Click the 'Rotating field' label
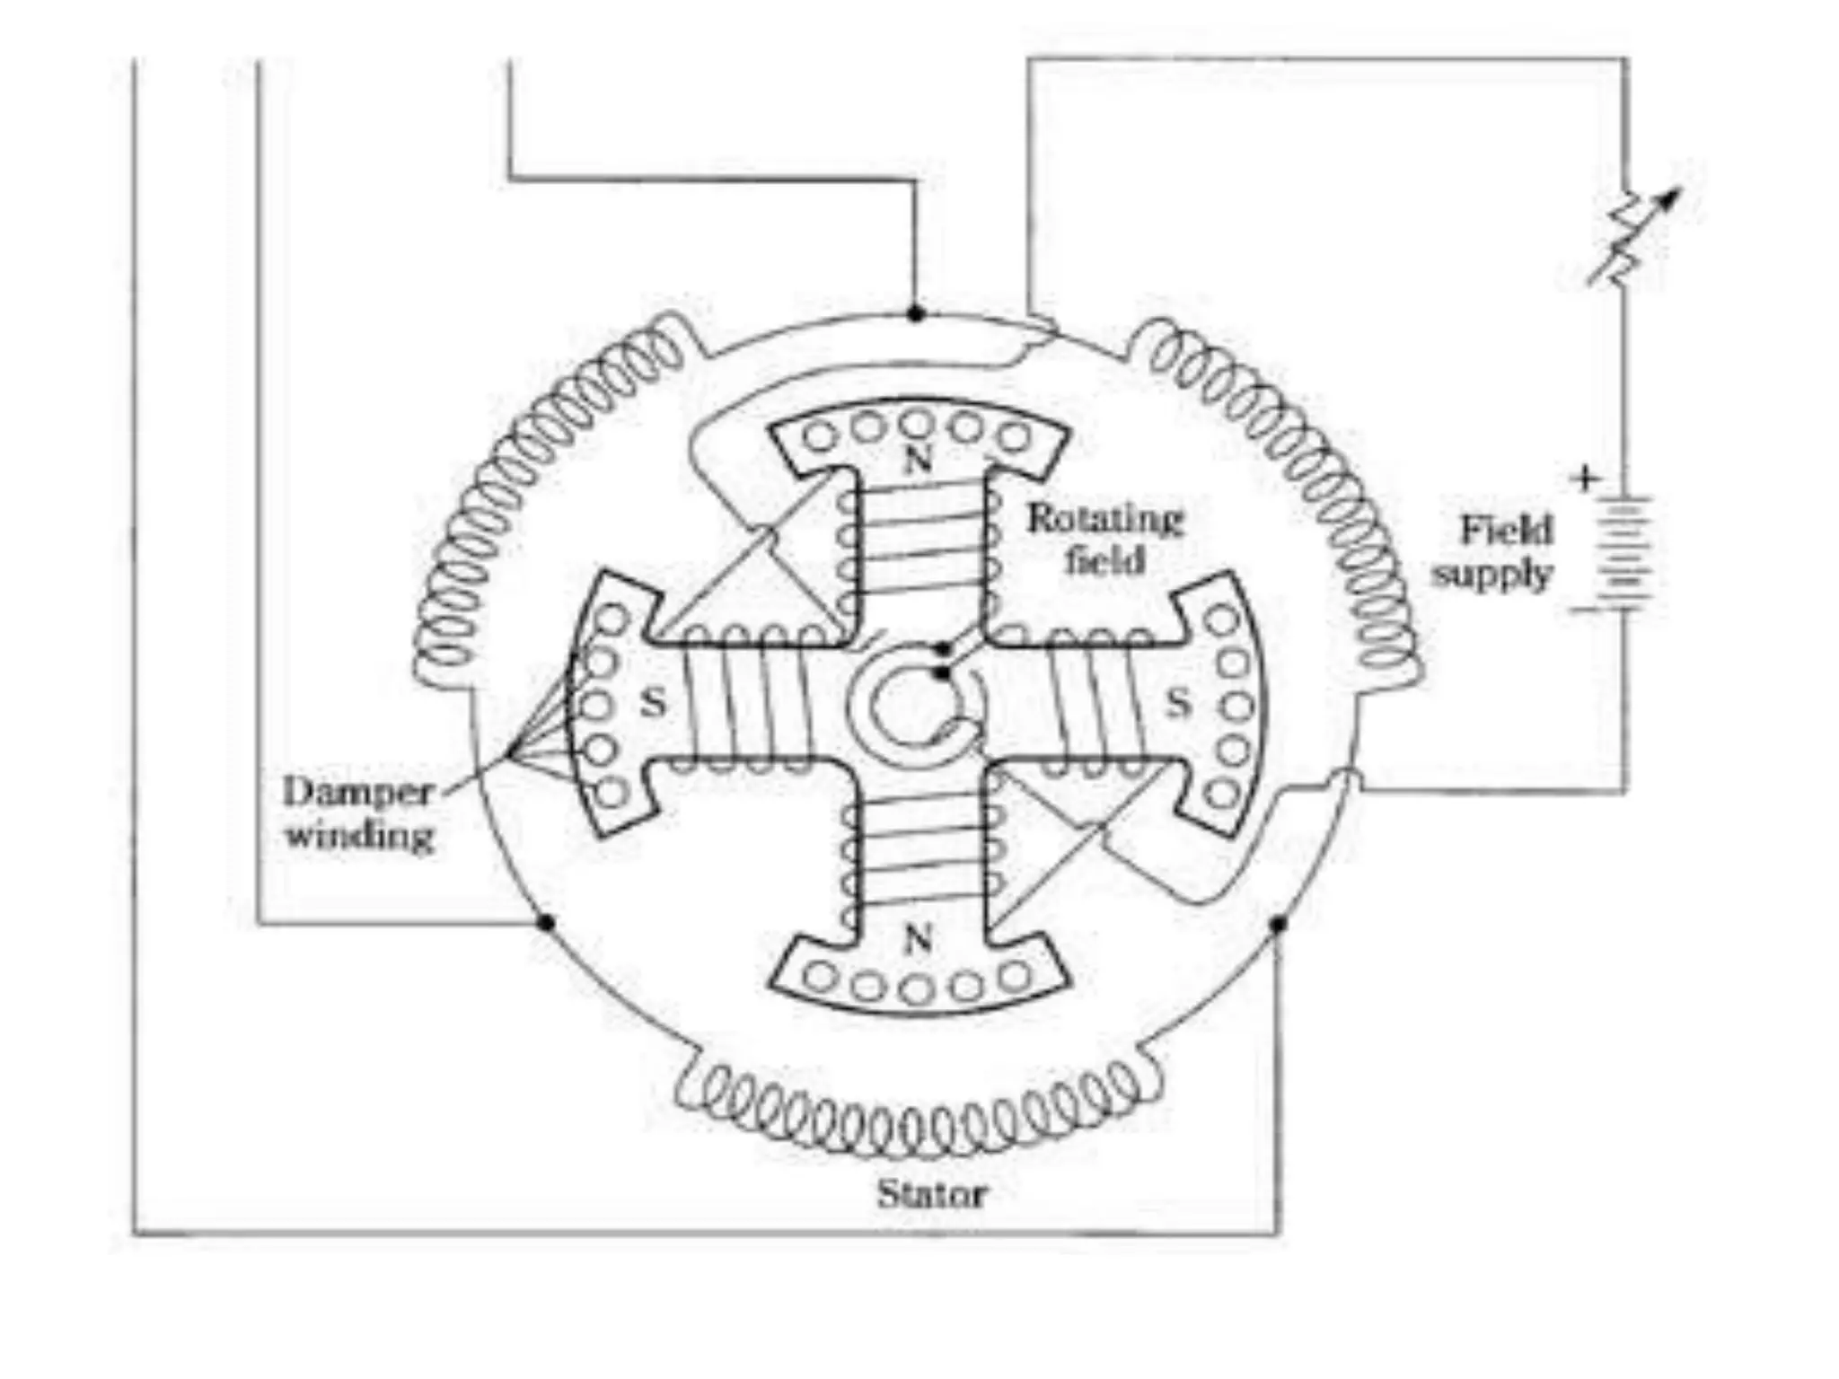[x=1104, y=540]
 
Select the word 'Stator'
[x=931, y=1194]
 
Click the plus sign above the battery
[x=1586, y=478]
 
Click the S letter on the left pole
[x=654, y=702]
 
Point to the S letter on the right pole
[x=1178, y=702]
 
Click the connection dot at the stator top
[x=915, y=313]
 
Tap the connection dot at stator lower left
[x=544, y=922]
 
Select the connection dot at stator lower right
[x=1279, y=923]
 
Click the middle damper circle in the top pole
[x=916, y=422]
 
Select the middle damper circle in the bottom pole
[x=916, y=989]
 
